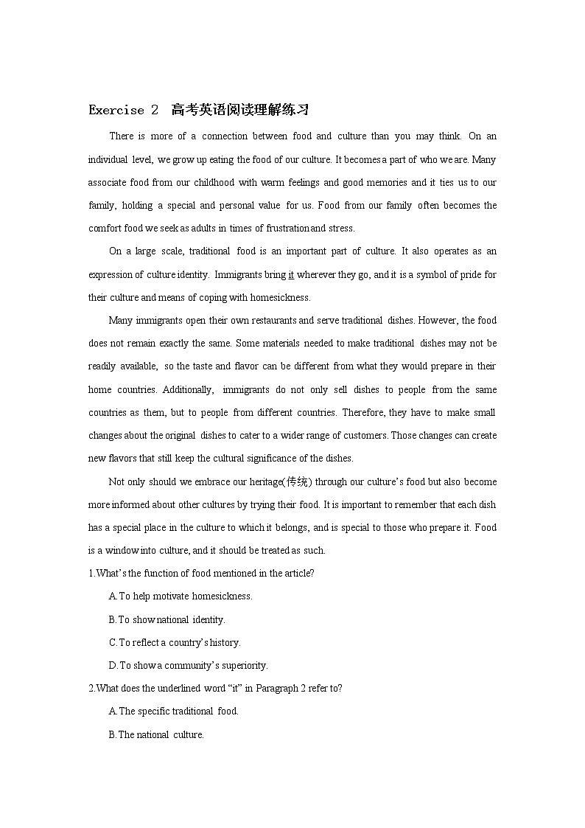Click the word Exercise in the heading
click(116, 111)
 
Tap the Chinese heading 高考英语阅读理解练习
click(239, 111)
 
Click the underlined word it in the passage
click(291, 274)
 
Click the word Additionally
click(188, 389)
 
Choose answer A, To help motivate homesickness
click(181, 596)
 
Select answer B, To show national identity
click(167, 619)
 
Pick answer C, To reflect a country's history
click(175, 642)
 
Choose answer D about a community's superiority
click(188, 665)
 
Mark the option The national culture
click(156, 734)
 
